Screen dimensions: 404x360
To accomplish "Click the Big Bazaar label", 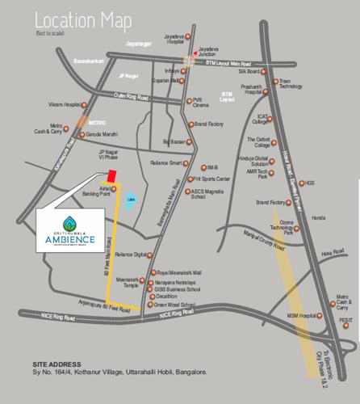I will (174, 142).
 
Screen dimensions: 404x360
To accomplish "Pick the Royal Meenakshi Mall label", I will (178, 273).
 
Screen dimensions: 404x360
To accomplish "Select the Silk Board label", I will (248, 71).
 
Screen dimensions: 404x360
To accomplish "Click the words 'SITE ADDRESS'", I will (59, 364).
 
